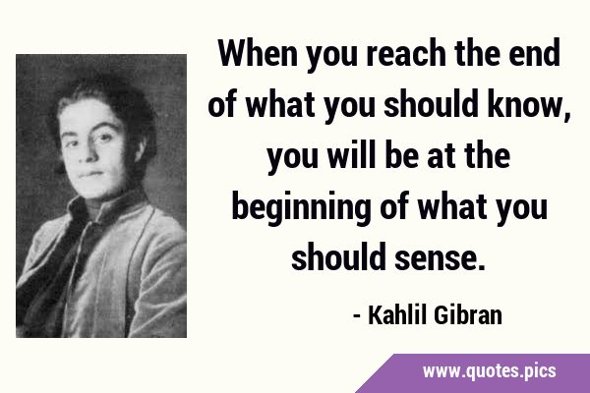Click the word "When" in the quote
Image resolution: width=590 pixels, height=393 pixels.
click(x=257, y=53)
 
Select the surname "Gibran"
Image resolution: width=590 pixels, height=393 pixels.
click(x=468, y=314)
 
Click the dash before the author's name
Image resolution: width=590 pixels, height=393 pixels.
click(x=356, y=317)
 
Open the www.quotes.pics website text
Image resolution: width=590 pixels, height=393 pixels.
click(x=489, y=371)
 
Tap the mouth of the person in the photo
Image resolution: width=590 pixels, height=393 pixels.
click(x=90, y=174)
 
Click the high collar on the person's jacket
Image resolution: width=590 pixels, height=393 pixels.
click(x=106, y=206)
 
